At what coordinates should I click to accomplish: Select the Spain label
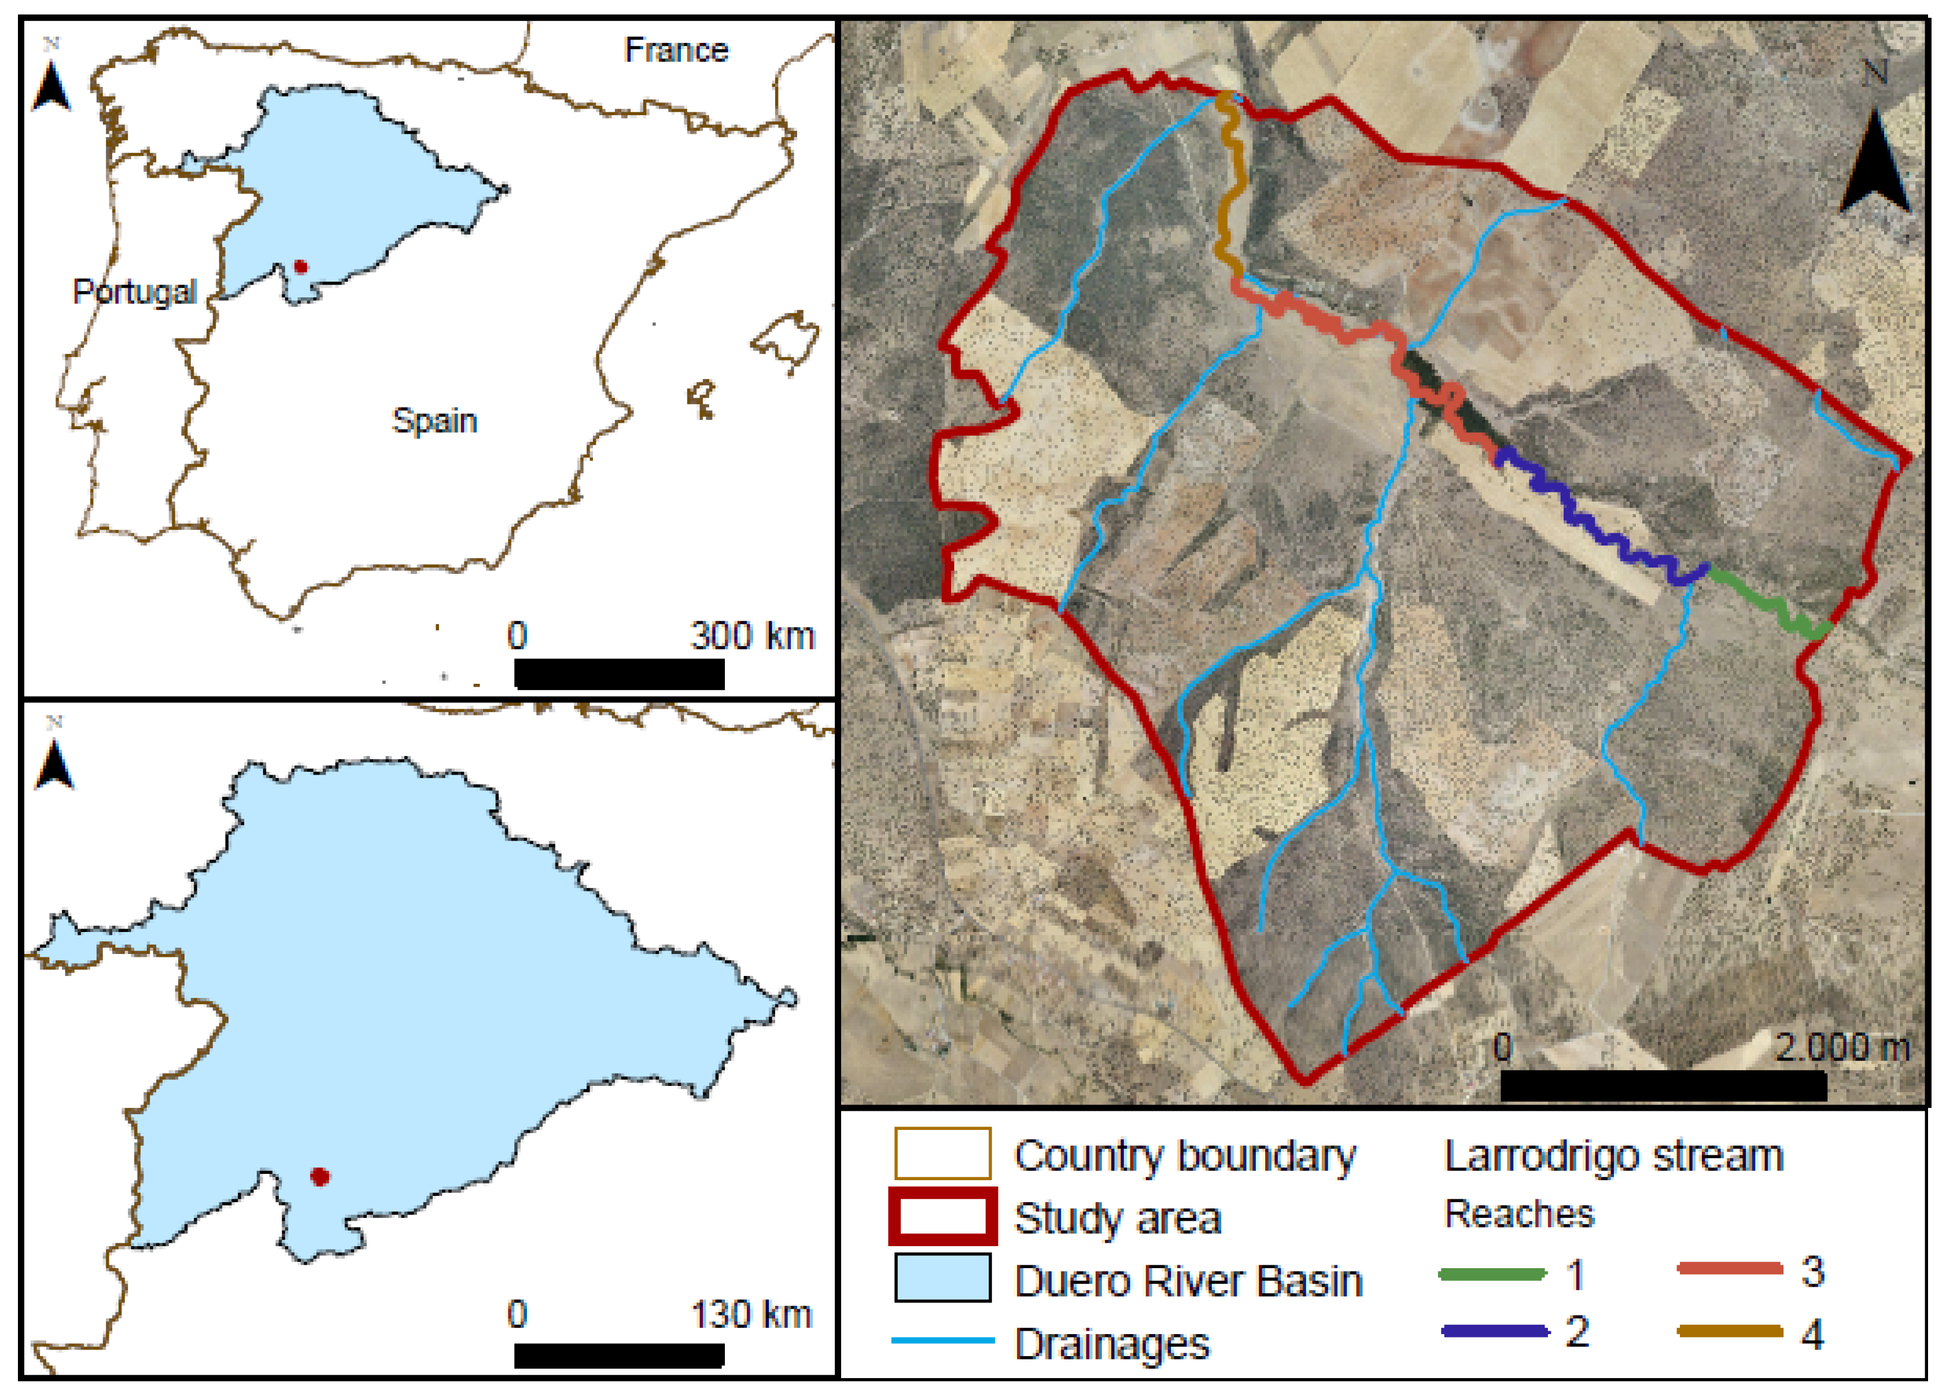(x=434, y=421)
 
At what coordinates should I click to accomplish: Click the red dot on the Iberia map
(x=300, y=267)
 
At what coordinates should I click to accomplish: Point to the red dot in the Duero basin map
(x=320, y=1176)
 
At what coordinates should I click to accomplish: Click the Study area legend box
(x=942, y=1217)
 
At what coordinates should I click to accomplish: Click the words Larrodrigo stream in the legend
(x=1614, y=1156)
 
